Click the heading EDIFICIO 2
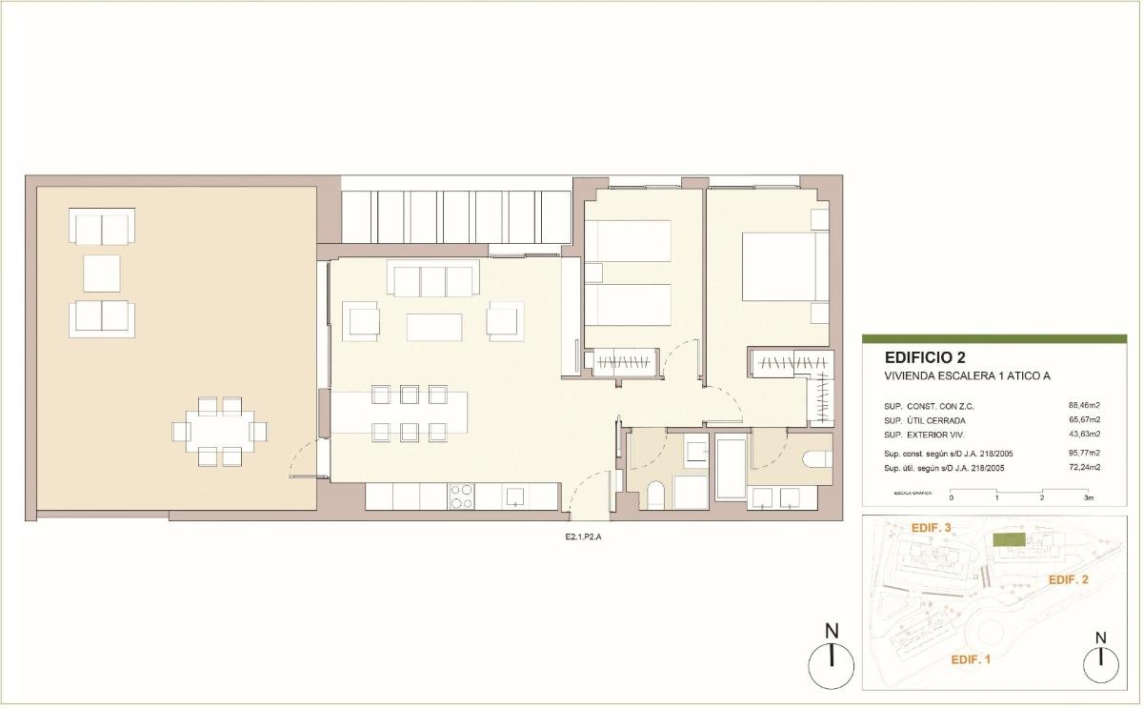coord(925,358)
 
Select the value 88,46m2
coord(1084,405)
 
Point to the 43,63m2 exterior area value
coord(1084,434)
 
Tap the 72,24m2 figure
coord(1084,467)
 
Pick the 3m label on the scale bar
coord(1088,497)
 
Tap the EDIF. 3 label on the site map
coord(932,527)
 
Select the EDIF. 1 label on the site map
coord(972,658)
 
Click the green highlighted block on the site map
coord(1009,540)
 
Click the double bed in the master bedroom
coord(779,267)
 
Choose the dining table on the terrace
coord(220,432)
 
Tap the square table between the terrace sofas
coord(102,273)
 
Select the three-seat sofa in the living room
coord(431,281)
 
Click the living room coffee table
coord(434,327)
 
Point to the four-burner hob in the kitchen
coord(461,496)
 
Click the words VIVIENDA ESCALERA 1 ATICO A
coord(967,376)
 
